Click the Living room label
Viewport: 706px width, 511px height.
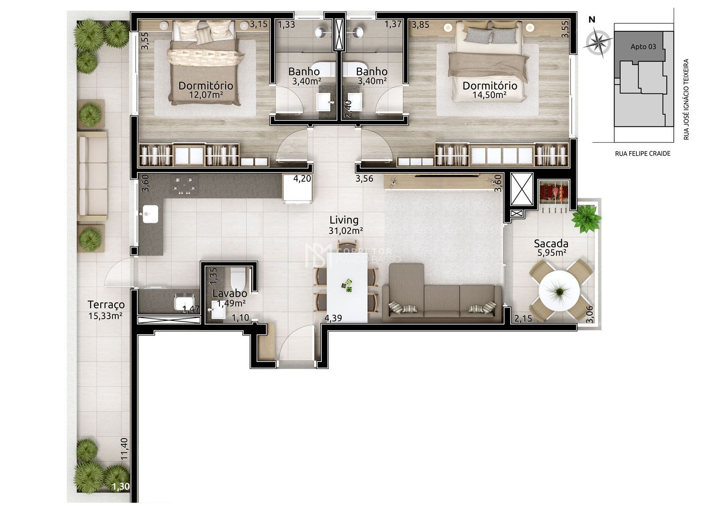tap(344, 220)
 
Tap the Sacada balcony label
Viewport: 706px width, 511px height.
tap(551, 243)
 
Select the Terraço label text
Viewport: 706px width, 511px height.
tap(106, 305)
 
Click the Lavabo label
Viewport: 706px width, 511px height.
tap(229, 294)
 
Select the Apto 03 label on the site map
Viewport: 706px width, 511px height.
tap(643, 47)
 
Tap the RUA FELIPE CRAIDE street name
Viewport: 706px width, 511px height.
tap(642, 153)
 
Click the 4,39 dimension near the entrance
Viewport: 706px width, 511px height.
tap(333, 317)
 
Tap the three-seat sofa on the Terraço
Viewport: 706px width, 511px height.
tap(93, 175)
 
